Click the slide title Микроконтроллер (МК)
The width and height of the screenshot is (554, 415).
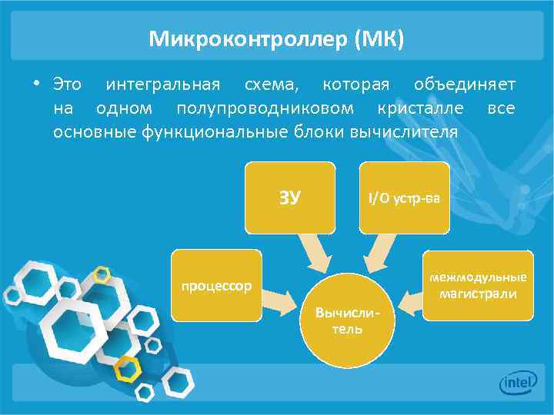tap(276, 38)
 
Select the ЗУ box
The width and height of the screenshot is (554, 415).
tap(289, 198)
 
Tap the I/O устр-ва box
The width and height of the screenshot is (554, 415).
tap(404, 198)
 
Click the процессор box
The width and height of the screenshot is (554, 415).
tap(216, 286)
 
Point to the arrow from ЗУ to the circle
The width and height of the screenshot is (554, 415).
tap(314, 253)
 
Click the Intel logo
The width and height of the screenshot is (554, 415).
tap(518, 383)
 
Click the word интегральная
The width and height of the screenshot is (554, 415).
tap(162, 83)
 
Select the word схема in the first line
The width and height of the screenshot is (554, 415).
tap(263, 83)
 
